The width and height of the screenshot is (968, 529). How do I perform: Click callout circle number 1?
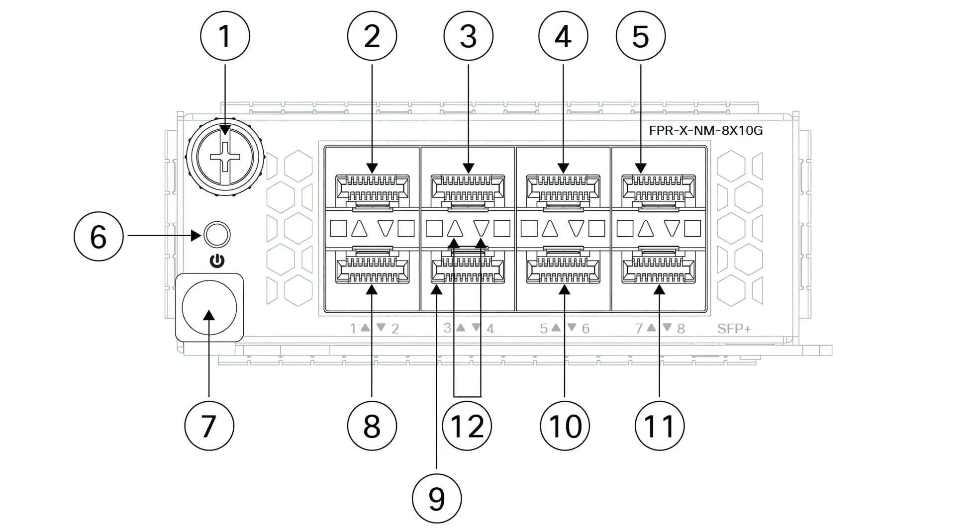pos(225,36)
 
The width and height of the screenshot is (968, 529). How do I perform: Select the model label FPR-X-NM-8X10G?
pos(705,131)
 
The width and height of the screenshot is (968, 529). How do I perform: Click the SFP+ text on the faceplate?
pos(734,329)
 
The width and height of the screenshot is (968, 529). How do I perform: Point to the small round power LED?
pos(217,234)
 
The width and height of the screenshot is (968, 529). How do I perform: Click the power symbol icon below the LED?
pos(217,261)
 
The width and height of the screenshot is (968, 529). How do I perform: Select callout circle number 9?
pos(437,498)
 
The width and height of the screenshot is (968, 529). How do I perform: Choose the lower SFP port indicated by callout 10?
pos(563,265)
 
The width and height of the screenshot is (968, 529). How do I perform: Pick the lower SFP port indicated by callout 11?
pos(659,265)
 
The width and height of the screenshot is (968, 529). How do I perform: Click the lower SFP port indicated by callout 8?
pos(372,265)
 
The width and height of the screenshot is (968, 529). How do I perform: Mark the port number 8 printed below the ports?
pos(681,329)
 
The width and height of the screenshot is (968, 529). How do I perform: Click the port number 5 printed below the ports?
pos(544,329)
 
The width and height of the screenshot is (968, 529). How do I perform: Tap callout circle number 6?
pos(98,236)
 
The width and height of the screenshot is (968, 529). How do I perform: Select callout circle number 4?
pos(563,36)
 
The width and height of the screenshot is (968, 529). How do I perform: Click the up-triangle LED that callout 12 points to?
pos(455,229)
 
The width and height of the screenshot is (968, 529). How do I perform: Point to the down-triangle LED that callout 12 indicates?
pos(481,228)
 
